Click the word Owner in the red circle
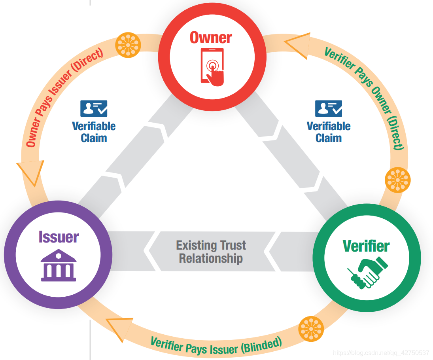tap(211, 38)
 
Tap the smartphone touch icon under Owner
tap(213, 66)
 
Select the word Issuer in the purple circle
tap(59, 237)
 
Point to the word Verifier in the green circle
tap(366, 246)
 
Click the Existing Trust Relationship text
tap(211, 252)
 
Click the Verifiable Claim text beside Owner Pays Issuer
tap(94, 132)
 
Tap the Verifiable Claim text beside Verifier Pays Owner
tap(329, 132)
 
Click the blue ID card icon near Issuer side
tap(94, 108)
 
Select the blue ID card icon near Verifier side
tap(329, 108)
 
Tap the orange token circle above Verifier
tap(397, 180)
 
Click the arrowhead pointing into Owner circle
tap(297, 45)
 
